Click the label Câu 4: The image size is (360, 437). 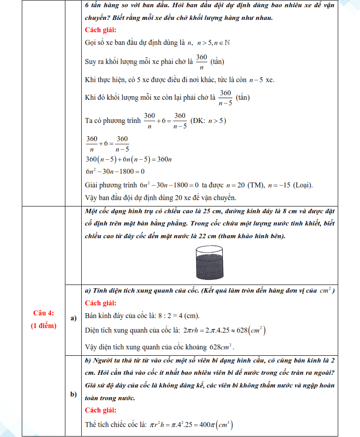tap(44, 313)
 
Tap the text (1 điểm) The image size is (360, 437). tap(44, 326)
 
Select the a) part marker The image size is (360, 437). tap(73, 319)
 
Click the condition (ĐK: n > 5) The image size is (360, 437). tap(208, 121)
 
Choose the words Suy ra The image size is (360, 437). tap(94, 61)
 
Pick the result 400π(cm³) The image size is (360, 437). tap(217, 425)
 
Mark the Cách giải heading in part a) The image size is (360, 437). tap(100, 303)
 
